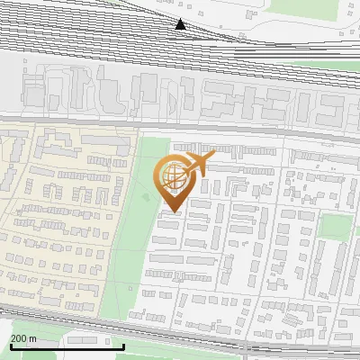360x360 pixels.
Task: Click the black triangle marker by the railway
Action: tap(181, 24)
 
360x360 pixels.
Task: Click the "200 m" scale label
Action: tap(23, 338)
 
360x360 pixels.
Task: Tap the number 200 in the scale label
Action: tap(19, 338)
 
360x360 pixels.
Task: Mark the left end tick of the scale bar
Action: tap(10, 345)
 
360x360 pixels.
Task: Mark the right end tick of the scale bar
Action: tap(123, 345)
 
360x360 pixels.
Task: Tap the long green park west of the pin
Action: tap(135, 225)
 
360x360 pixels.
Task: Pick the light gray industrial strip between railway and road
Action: tap(180, 94)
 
